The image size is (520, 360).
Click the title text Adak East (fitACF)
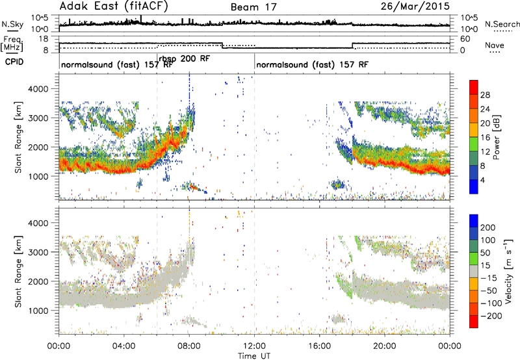point(113,6)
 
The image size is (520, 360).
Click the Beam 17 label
point(253,7)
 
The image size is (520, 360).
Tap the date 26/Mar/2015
point(415,6)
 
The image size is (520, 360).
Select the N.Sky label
point(12,24)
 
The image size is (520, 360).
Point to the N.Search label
point(502,24)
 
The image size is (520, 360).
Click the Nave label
point(495,45)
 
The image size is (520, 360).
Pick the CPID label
point(14,62)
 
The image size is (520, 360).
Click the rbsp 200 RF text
point(185,58)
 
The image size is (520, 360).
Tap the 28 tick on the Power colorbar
point(485,95)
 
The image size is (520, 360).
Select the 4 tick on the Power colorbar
point(482,180)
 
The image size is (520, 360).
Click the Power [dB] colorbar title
point(496,137)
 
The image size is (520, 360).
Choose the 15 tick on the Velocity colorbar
point(485,265)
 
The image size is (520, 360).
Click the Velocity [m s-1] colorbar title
point(508,271)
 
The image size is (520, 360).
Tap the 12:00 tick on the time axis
point(254,346)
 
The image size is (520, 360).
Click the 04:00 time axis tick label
point(124,346)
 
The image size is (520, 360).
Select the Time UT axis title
point(254,355)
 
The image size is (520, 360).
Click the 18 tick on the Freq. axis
point(44,39)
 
